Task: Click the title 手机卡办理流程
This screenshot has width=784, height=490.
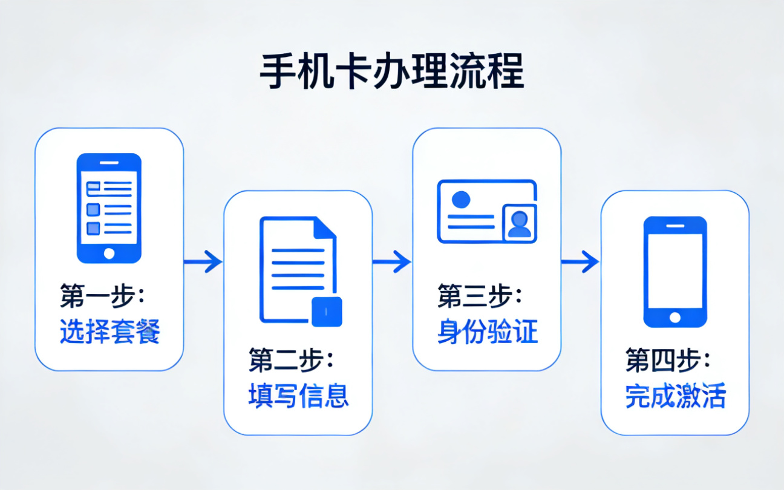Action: point(391,73)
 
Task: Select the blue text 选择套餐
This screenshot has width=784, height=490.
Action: point(109,332)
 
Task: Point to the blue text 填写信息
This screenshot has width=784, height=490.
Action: point(298,396)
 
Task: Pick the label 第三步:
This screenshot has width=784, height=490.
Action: point(480,296)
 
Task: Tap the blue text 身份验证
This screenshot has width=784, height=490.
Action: point(487,332)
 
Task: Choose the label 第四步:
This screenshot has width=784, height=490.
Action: point(668,361)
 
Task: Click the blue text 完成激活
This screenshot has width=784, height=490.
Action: point(675,396)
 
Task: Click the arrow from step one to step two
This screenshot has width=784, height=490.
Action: point(203,262)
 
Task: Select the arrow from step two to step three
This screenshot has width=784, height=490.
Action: point(392,262)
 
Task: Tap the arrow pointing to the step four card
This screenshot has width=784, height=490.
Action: point(580,262)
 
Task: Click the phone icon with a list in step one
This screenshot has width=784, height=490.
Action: point(109,208)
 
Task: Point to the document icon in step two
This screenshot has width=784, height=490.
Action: point(298,269)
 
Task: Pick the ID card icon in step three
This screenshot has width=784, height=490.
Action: point(487,211)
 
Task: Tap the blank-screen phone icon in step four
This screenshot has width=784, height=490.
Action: point(675,272)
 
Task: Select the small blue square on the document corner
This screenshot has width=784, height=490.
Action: point(326,312)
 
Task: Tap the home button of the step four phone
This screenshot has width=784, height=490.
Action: point(675,318)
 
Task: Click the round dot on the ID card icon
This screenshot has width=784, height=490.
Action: point(461,198)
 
